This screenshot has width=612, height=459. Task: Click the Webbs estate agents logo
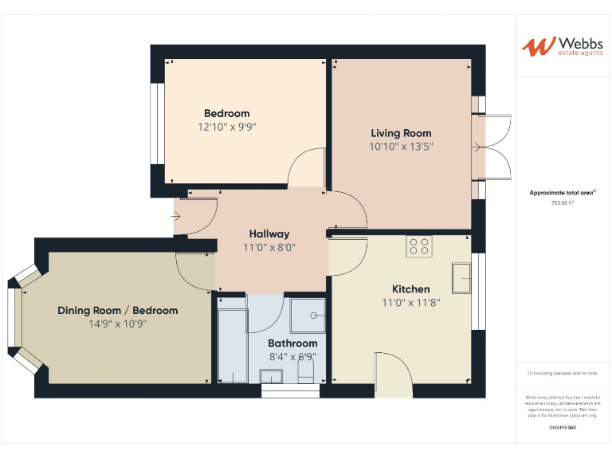click(x=563, y=46)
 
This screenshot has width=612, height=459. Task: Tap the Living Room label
click(x=401, y=133)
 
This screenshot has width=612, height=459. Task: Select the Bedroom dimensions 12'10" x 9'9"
click(x=226, y=127)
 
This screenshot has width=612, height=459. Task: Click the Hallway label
click(x=269, y=233)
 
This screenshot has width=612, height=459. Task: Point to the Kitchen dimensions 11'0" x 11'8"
click(x=410, y=303)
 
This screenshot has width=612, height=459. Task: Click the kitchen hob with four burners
click(x=419, y=246)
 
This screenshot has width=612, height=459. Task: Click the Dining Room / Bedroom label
click(x=117, y=310)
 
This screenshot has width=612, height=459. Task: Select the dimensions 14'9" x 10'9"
click(x=118, y=324)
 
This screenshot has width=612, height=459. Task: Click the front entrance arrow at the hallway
click(x=176, y=216)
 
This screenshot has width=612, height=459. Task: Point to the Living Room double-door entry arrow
click(x=477, y=147)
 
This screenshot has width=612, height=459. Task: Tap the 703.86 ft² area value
click(x=563, y=203)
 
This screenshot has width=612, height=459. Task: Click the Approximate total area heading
click(x=563, y=193)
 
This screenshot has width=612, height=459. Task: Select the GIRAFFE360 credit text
click(x=563, y=428)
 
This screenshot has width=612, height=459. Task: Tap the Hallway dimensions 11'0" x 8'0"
click(x=269, y=247)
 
